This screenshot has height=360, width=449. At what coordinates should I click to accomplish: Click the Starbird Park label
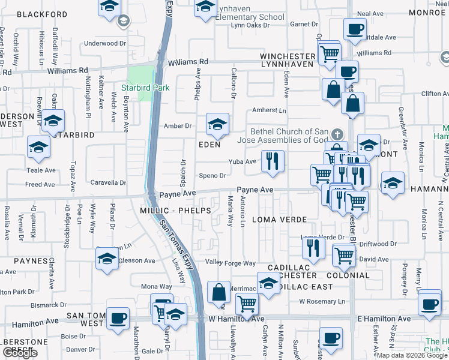(x=145, y=88)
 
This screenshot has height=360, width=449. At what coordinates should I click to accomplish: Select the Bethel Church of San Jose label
(x=289, y=136)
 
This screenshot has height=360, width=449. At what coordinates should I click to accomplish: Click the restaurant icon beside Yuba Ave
(x=273, y=161)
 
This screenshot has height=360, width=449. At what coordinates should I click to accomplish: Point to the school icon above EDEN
(x=217, y=124)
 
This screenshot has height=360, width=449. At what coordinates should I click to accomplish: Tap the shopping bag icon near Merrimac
(x=219, y=292)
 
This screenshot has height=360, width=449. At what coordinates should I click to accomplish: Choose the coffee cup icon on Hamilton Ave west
(x=118, y=318)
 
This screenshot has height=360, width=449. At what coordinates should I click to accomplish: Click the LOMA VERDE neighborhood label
(x=279, y=220)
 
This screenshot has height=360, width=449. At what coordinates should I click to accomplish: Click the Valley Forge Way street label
(x=231, y=263)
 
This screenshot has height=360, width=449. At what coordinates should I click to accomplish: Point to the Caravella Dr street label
(x=108, y=182)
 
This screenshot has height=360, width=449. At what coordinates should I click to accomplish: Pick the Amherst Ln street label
(x=269, y=110)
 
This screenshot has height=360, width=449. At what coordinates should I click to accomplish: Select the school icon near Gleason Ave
(x=107, y=258)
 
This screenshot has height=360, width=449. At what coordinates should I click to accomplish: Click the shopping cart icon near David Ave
(x=344, y=256)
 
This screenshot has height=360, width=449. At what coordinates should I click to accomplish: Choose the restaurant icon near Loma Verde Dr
(x=313, y=246)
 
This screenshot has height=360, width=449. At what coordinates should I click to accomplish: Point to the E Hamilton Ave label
(x=384, y=318)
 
